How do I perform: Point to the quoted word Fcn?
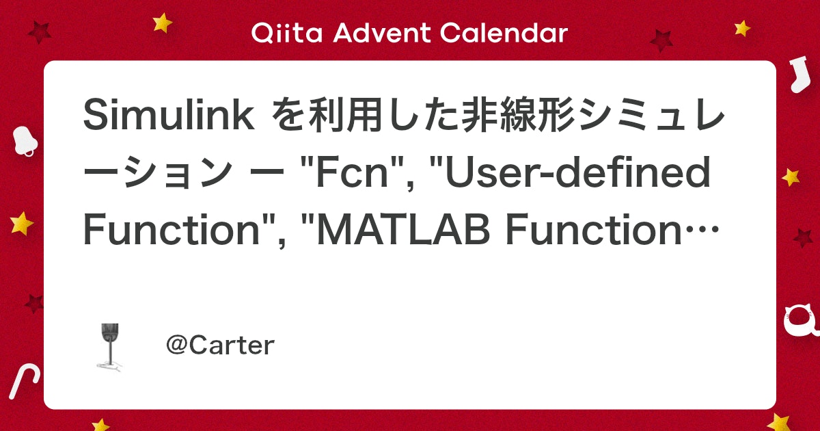(x=350, y=176)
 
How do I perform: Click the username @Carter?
(x=220, y=345)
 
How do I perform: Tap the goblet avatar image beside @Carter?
(x=109, y=346)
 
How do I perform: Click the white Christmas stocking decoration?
(x=796, y=75)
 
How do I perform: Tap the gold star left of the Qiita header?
(x=163, y=23)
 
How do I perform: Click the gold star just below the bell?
(x=22, y=223)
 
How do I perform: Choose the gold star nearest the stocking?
(x=743, y=28)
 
